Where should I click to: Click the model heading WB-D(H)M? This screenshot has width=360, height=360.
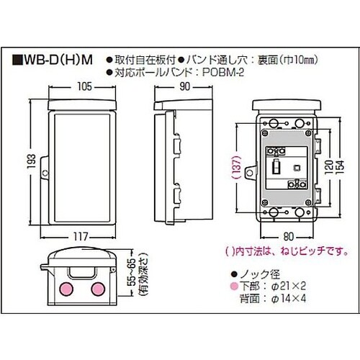pyautogui.click(x=54, y=60)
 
